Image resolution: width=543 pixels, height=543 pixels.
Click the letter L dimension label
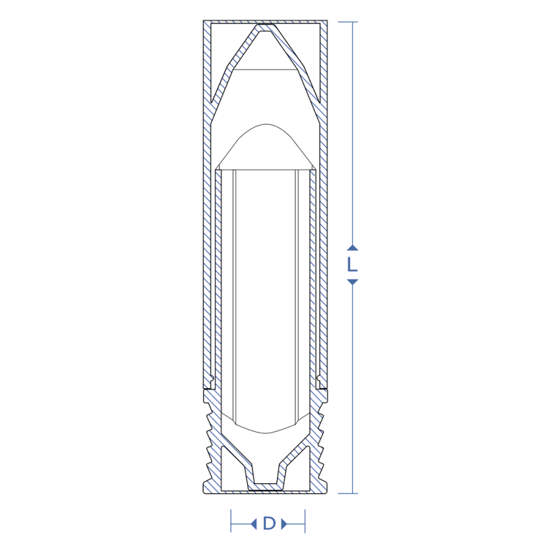click(352, 265)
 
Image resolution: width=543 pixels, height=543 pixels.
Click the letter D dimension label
click(269, 523)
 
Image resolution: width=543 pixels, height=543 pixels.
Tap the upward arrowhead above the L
click(352, 248)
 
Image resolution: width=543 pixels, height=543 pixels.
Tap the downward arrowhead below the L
click(352, 282)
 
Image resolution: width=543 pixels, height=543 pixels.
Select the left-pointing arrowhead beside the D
click(254, 523)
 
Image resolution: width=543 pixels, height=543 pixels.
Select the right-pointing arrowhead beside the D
click(284, 523)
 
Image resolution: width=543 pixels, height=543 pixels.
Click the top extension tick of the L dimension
click(348, 22)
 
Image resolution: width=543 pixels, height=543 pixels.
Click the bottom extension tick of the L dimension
click(348, 493)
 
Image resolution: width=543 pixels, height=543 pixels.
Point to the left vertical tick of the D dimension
click(231, 521)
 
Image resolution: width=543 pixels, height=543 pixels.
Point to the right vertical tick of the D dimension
click(305, 521)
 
